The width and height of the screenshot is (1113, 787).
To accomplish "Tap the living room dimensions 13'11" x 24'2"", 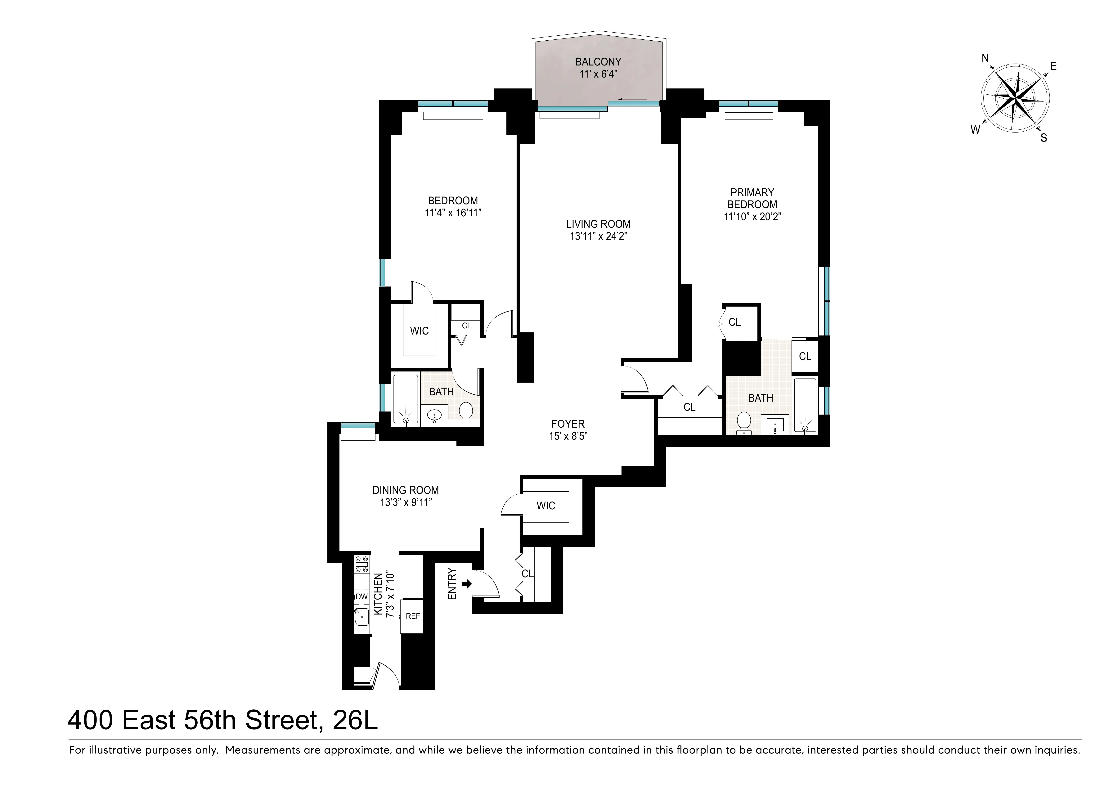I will coord(598,237).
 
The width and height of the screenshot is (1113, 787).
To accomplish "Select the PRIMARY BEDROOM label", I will coord(752,198).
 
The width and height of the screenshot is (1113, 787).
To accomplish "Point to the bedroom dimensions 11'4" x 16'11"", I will coord(453,213).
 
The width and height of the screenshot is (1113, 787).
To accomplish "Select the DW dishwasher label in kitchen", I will coord(362,597).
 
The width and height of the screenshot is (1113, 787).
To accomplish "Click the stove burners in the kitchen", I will coord(362,565).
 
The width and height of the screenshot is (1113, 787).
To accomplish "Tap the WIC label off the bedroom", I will coord(419,331).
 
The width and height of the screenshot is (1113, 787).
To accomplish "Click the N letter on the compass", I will coord(985,59).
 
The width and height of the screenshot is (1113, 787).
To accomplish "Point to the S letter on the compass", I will coord(1044,138).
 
